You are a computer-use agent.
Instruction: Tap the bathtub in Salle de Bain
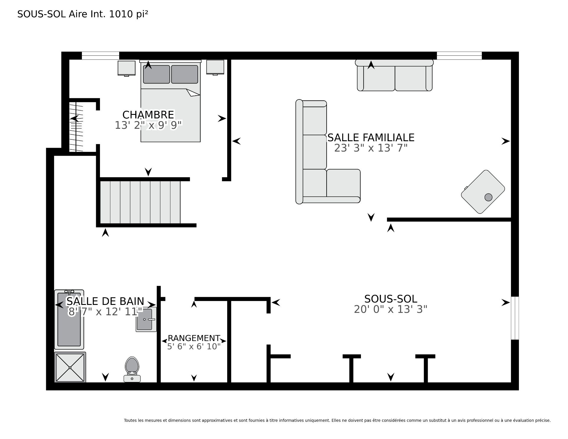[x=69, y=319]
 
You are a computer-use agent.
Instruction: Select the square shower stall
[x=70, y=367]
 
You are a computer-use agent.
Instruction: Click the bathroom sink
[x=146, y=320]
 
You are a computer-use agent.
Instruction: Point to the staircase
[x=140, y=202]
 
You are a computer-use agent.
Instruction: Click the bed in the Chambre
[x=170, y=101]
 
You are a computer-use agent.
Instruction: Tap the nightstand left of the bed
[x=127, y=68]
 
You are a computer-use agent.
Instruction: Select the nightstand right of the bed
[x=215, y=67]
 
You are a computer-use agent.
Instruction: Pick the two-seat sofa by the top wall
[x=395, y=75]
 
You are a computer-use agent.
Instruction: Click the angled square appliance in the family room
[x=483, y=192]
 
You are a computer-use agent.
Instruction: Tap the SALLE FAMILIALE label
[x=371, y=138]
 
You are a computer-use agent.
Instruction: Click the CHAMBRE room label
[x=148, y=115]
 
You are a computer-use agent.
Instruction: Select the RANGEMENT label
[x=194, y=338]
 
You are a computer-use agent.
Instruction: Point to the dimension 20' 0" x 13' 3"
[x=390, y=309]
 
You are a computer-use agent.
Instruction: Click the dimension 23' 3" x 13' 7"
[x=371, y=148]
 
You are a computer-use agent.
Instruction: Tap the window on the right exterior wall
[x=515, y=318]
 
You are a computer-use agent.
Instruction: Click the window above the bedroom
[x=100, y=56]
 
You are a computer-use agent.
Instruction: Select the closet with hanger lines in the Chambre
[x=76, y=127]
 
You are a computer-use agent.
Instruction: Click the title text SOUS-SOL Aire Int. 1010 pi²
[x=83, y=14]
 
